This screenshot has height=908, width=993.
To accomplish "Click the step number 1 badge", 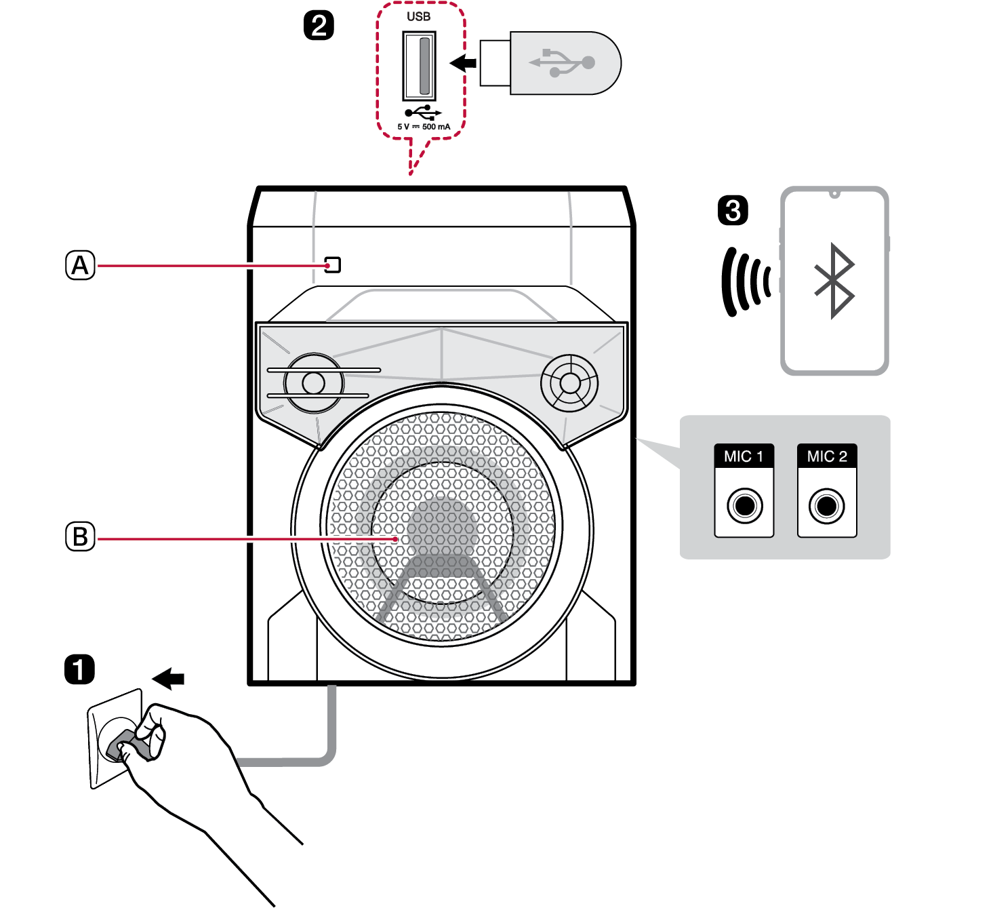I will click(79, 669).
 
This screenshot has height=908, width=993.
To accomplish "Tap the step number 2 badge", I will click(319, 26).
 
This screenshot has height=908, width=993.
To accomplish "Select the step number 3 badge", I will click(733, 210).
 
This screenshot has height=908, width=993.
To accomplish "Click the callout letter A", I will click(80, 265).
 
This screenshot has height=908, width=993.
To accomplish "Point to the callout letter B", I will click(80, 536).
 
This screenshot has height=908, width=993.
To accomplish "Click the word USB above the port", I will click(418, 16).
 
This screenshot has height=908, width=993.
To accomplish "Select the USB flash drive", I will click(550, 63).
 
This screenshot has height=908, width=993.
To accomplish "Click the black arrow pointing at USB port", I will click(464, 63).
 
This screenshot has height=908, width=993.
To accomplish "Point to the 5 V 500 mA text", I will click(424, 127).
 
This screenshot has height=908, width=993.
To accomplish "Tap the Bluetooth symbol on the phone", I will click(834, 280).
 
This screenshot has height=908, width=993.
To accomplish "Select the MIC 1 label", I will click(744, 456).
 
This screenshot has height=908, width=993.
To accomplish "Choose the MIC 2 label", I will click(827, 456).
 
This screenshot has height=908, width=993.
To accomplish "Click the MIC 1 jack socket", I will click(744, 505).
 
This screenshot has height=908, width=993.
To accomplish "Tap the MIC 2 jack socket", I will click(827, 505).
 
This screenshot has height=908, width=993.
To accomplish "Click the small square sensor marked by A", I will click(332, 264).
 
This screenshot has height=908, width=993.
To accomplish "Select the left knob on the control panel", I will click(313, 383).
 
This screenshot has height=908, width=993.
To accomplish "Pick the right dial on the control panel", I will click(569, 383).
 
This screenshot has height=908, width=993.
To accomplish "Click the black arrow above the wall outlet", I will click(169, 678).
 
